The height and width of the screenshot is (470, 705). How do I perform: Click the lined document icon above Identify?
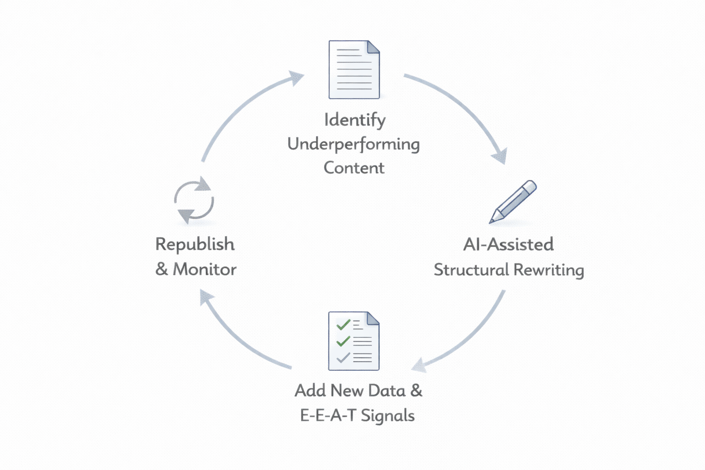[354, 70]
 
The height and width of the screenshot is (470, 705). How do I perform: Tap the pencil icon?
[513, 201]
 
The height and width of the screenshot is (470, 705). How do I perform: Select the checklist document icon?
[354, 341]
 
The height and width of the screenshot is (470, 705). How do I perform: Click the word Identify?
[355, 120]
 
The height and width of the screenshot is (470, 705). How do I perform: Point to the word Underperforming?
[353, 144]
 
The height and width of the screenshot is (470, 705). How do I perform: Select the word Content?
[354, 168]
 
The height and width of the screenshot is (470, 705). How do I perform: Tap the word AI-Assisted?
[508, 244]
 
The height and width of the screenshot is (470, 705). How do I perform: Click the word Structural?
[471, 269]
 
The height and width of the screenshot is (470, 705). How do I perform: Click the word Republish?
[195, 244]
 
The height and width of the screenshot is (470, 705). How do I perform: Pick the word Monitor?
[205, 269]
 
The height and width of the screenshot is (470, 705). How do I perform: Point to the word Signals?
[388, 416]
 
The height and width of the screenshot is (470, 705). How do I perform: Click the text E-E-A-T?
[328, 415]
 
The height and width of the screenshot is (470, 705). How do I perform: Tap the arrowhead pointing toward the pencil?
[500, 156]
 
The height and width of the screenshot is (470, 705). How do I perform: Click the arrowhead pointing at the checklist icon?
[419, 365]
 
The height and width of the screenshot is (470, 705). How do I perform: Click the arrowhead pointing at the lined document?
[297, 78]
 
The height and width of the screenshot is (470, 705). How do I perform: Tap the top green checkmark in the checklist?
[343, 325]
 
